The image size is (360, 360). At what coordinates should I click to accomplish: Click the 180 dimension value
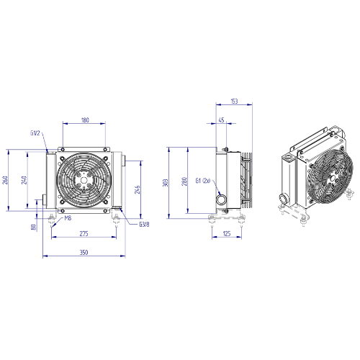click(85, 120)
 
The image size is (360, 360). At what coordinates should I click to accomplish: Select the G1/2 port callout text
click(35, 133)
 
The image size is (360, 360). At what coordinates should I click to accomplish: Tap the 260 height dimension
click(5, 180)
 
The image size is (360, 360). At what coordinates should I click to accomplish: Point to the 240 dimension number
click(24, 180)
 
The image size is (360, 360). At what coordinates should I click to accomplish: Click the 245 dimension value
click(138, 189)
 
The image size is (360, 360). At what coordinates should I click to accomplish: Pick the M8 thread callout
click(68, 218)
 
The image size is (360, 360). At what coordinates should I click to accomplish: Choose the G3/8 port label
click(144, 225)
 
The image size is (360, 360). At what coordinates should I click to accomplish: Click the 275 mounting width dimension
click(84, 233)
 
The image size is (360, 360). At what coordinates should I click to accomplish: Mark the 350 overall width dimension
click(84, 252)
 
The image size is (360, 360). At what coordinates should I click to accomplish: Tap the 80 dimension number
click(34, 227)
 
